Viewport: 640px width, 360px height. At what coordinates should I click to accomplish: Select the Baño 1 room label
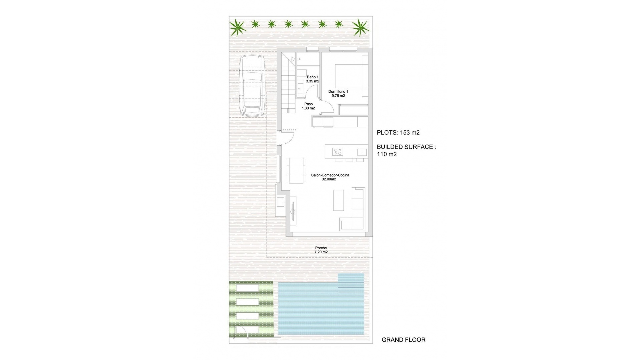(313, 79)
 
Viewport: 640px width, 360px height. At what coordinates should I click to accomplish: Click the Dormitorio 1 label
(338, 94)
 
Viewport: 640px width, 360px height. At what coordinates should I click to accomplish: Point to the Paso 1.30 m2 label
(308, 106)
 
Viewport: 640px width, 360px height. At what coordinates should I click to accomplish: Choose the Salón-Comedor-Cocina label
(330, 177)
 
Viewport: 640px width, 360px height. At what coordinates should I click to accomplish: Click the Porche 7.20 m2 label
(321, 250)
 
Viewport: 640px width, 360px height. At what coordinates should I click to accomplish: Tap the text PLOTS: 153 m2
(398, 133)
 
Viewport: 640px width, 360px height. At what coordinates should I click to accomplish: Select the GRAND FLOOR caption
(403, 340)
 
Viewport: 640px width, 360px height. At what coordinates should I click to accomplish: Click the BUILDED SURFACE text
(406, 147)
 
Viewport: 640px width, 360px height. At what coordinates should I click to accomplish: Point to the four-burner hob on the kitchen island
(337, 152)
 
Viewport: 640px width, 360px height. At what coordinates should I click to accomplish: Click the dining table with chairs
(296, 170)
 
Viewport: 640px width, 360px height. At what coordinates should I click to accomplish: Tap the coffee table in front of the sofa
(339, 200)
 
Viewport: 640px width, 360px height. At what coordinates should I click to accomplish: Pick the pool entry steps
(351, 282)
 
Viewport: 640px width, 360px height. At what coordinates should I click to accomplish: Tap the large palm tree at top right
(361, 27)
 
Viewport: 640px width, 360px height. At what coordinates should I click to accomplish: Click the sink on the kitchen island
(362, 152)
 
